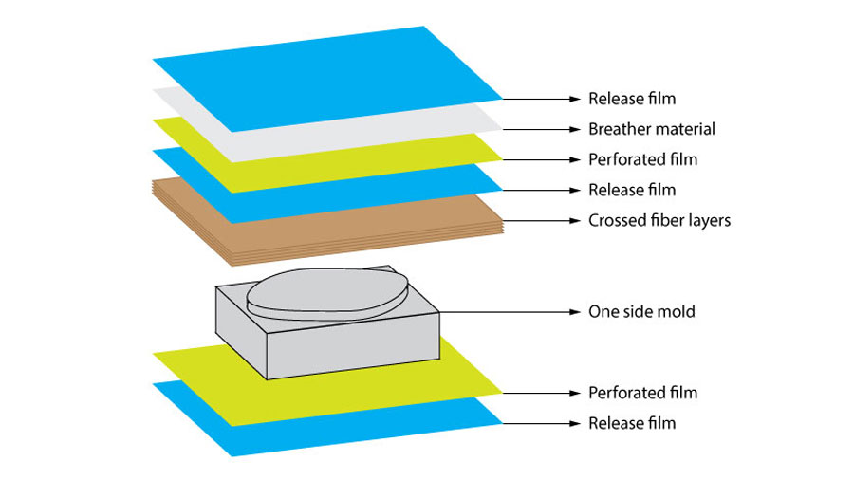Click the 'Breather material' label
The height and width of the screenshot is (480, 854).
[651, 129]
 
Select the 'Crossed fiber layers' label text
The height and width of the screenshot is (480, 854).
[659, 221]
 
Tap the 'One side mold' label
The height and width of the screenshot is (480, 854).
[641, 311]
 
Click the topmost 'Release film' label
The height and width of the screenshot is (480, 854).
[632, 98]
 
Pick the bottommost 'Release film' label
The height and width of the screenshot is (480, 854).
[632, 423]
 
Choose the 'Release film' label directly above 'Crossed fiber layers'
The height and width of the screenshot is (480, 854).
[632, 190]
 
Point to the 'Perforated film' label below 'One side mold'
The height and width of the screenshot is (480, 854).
[642, 393]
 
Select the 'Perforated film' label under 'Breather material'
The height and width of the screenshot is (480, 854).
[642, 159]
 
